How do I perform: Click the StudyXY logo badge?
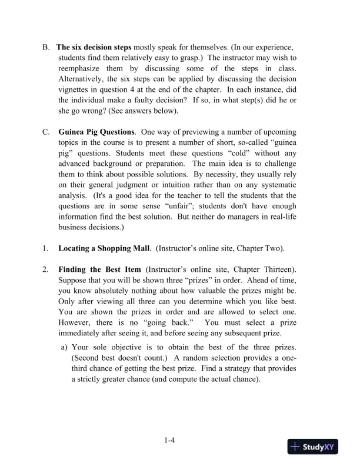[x=314, y=447]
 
